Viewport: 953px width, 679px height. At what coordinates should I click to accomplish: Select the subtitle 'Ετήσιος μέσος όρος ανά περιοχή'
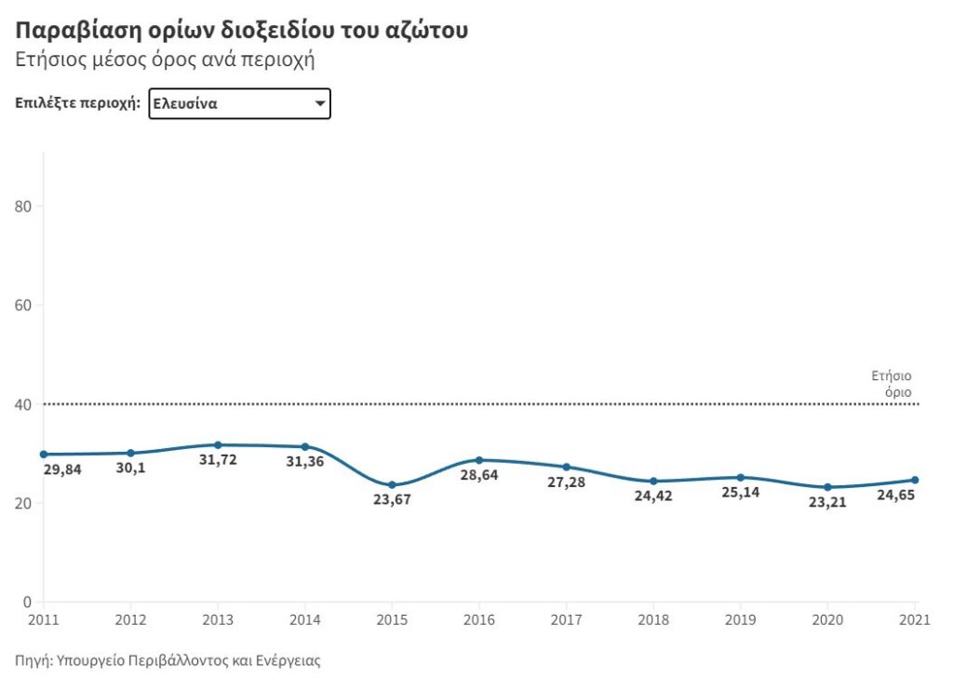click(x=166, y=61)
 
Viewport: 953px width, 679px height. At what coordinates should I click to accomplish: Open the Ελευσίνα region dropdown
click(x=239, y=103)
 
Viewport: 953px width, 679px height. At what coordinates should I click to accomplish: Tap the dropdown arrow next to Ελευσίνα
click(x=319, y=103)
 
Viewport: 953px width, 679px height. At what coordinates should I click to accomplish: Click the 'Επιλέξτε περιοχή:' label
click(x=77, y=103)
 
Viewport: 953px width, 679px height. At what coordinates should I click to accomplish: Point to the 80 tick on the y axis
click(x=27, y=206)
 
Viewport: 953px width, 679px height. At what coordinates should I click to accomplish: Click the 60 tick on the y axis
click(x=27, y=305)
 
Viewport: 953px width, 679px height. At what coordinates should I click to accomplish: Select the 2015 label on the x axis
click(x=392, y=618)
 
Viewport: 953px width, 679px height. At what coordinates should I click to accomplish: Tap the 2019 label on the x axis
click(x=740, y=618)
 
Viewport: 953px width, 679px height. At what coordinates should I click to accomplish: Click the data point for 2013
click(x=218, y=445)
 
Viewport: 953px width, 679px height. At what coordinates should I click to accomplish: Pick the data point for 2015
click(x=392, y=485)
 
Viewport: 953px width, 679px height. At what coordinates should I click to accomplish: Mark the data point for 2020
click(x=827, y=487)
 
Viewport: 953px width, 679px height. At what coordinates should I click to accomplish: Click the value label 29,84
click(x=62, y=469)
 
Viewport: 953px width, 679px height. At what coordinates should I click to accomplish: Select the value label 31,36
click(x=304, y=462)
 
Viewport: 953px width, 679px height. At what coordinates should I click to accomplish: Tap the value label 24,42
click(x=653, y=496)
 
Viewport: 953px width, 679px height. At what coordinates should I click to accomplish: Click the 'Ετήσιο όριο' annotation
click(x=892, y=384)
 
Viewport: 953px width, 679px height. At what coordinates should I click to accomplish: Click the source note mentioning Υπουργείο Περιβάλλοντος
click(x=168, y=660)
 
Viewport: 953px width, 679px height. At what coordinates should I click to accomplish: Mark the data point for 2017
click(x=566, y=467)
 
